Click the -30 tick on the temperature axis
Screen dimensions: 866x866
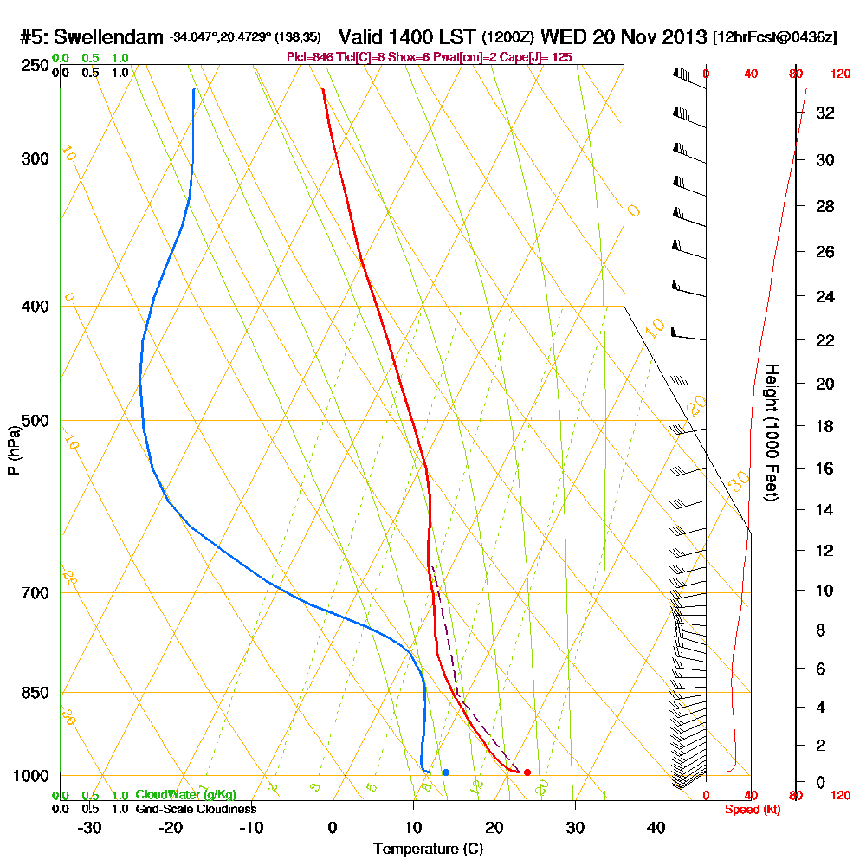90,827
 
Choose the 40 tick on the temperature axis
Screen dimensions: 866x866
656,827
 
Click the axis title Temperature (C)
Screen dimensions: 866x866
428,850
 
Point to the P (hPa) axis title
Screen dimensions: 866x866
13,449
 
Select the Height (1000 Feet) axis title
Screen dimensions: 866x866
771,432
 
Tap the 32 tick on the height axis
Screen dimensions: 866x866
824,113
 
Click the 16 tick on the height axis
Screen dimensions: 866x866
824,469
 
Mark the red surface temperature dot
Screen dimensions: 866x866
527,772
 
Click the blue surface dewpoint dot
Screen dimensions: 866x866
445,772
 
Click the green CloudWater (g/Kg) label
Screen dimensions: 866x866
185,795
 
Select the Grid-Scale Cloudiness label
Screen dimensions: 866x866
196,809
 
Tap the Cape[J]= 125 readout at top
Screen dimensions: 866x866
543,57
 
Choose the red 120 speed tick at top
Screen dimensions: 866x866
840,74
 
